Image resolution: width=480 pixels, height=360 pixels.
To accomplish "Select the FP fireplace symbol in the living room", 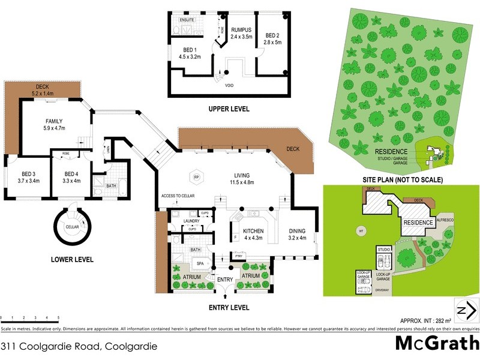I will coord(196,176).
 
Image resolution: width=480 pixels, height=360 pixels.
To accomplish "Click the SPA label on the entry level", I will coord(199,263).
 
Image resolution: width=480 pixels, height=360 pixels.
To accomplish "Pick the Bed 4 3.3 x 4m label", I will coord(76,177).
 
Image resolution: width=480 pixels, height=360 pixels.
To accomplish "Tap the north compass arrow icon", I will coord(466,311).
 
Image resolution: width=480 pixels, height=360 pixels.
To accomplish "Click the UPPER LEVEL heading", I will coord(229,109).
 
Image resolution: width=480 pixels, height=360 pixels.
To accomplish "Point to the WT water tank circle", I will coord(361,229).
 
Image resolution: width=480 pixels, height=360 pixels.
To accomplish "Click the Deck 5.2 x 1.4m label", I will coord(46,91).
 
